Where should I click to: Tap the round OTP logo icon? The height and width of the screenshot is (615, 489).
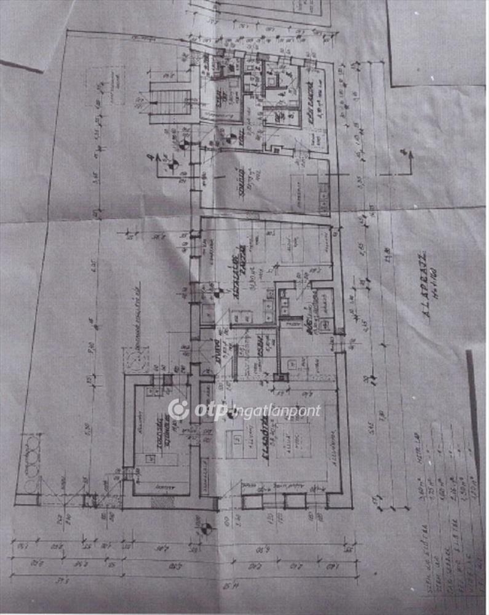pyautogui.click(x=178, y=410)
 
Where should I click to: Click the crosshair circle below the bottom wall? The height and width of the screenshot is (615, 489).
pyautogui.click(x=206, y=527)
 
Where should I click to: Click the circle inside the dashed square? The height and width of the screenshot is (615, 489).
pyautogui.click(x=135, y=360)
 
